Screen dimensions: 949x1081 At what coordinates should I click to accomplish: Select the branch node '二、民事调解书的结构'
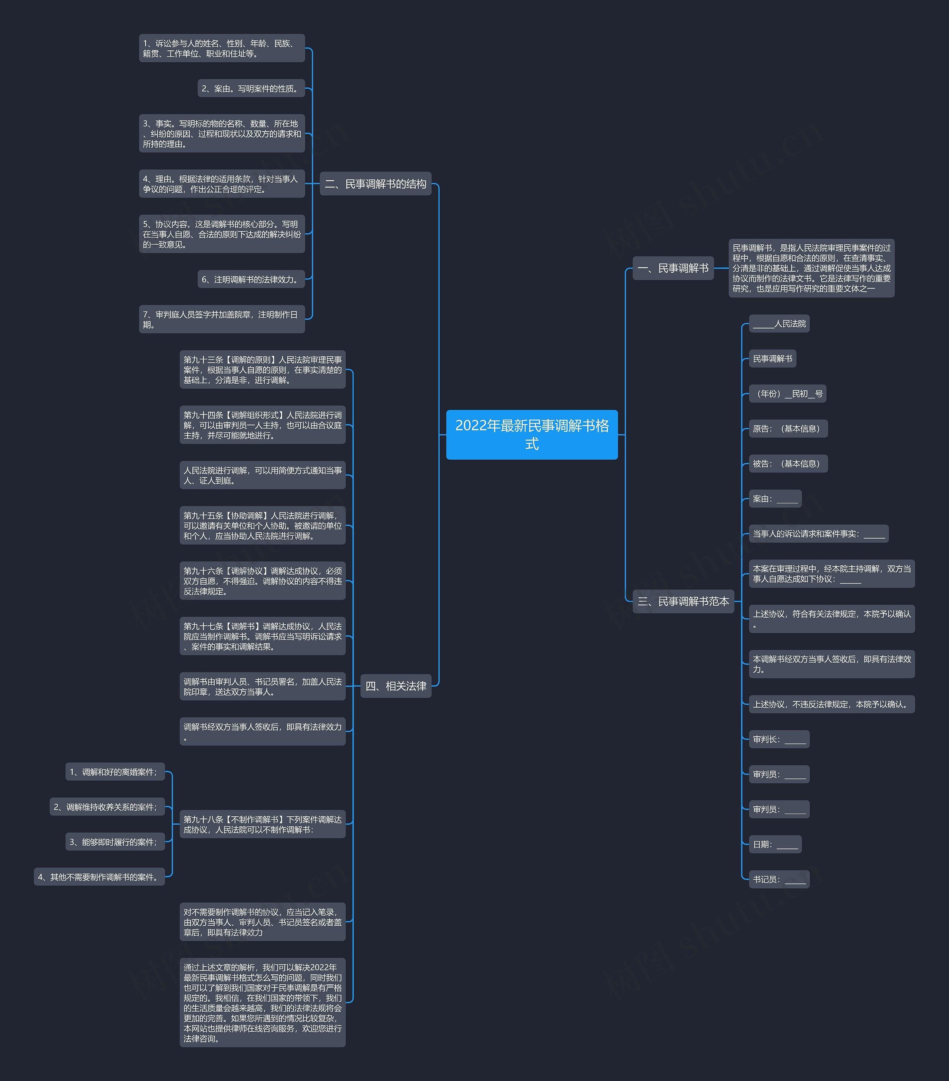pos(376,184)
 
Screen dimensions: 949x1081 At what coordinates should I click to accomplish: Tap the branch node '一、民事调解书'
pos(673,268)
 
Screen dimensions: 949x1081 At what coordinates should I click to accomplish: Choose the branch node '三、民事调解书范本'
pos(683,601)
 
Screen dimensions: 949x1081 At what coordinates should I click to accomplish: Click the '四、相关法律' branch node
pos(396,686)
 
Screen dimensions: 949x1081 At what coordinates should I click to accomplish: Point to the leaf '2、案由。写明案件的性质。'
pos(251,88)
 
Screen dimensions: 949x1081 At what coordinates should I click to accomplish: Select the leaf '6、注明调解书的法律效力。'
pos(251,279)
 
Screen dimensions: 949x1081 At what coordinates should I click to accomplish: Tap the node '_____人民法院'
pos(779,324)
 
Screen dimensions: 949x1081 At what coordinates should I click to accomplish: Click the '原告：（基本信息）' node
pos(788,429)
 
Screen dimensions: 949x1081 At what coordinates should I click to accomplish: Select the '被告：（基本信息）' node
pos(788,463)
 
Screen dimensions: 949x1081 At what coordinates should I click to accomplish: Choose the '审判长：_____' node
pos(779,739)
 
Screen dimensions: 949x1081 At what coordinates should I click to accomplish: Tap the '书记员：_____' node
pos(779,879)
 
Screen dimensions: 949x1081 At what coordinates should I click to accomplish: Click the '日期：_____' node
pos(775,844)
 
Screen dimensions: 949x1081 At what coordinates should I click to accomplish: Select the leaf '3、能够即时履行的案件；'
pos(115,842)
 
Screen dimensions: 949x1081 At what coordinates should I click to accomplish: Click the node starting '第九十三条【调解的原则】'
pos(262,370)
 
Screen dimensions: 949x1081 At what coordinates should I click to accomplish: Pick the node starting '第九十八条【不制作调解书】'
pos(262,824)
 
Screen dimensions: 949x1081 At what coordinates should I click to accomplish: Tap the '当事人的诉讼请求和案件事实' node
pos(819,533)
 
